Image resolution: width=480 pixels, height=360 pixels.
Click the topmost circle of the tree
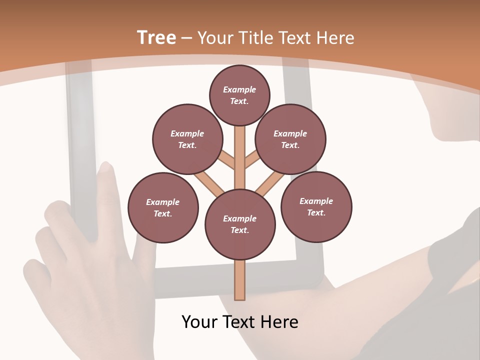(x=239, y=95)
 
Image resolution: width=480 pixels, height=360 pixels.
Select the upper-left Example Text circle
(x=187, y=139)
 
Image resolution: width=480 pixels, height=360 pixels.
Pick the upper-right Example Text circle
(x=290, y=139)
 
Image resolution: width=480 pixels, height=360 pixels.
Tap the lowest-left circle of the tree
(x=163, y=208)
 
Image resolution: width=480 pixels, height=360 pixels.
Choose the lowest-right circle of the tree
(x=316, y=207)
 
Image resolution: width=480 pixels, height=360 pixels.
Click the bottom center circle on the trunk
(x=240, y=224)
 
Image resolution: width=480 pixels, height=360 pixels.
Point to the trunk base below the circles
(x=240, y=280)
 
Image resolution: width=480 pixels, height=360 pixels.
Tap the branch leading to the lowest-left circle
(x=207, y=183)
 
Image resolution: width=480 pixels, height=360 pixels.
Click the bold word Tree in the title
(x=156, y=38)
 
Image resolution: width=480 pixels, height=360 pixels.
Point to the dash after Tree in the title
(x=186, y=38)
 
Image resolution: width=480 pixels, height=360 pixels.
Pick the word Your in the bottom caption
(x=199, y=322)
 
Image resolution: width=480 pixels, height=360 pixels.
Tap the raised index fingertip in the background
(x=105, y=168)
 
